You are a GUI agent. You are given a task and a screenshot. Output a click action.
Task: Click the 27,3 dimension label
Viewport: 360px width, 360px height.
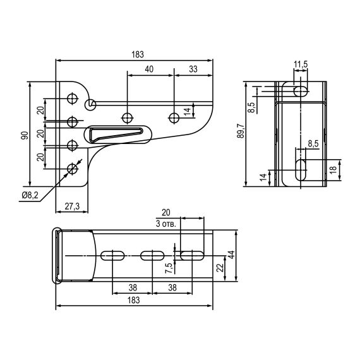72,206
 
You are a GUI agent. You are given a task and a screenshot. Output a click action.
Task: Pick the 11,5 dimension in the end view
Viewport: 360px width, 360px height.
301,64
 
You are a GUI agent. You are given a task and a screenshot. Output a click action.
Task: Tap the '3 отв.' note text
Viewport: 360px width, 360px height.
165,224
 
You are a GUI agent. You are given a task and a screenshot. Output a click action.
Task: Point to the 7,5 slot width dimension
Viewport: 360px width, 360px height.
167,267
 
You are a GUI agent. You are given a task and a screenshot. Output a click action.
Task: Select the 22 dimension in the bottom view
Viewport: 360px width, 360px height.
220,267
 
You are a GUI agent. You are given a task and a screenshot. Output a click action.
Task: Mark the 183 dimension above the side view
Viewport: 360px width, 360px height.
135,54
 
